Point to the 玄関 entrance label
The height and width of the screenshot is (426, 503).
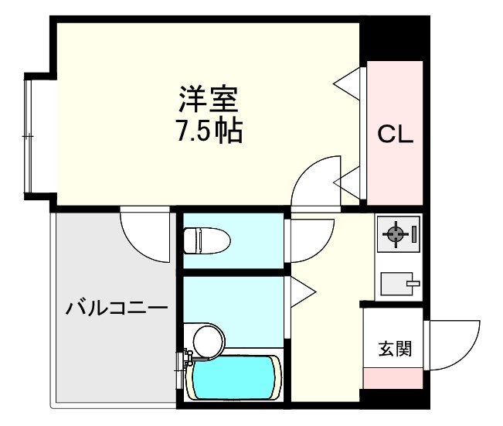(394, 349)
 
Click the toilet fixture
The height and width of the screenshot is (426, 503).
(207, 239)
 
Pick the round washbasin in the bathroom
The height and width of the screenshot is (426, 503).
(208, 340)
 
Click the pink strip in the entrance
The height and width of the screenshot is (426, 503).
(393, 379)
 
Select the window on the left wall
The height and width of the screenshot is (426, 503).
(29, 135)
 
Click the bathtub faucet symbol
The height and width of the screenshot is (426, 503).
(187, 360)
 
